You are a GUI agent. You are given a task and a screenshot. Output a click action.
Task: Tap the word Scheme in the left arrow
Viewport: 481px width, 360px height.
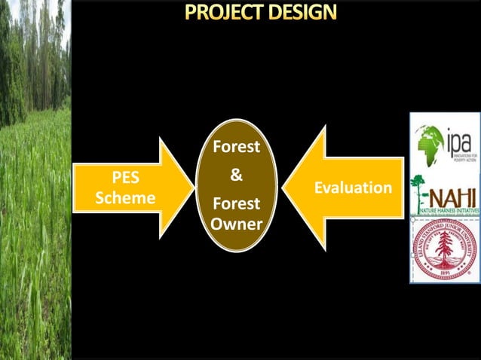[126, 198]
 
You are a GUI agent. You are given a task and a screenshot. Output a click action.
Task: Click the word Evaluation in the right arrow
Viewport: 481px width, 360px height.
[353, 188]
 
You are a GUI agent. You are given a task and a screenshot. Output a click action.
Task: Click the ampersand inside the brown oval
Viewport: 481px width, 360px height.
[236, 175]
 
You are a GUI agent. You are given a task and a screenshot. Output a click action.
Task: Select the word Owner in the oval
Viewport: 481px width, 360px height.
[236, 224]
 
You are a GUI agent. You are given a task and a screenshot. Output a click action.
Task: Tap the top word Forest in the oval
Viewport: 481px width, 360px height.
[236, 148]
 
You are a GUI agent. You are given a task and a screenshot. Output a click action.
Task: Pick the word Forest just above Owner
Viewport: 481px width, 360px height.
[236, 204]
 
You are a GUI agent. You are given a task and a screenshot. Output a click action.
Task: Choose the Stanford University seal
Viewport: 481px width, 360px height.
[445, 249]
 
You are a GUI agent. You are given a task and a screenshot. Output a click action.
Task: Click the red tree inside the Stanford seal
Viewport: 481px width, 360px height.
[445, 248]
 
